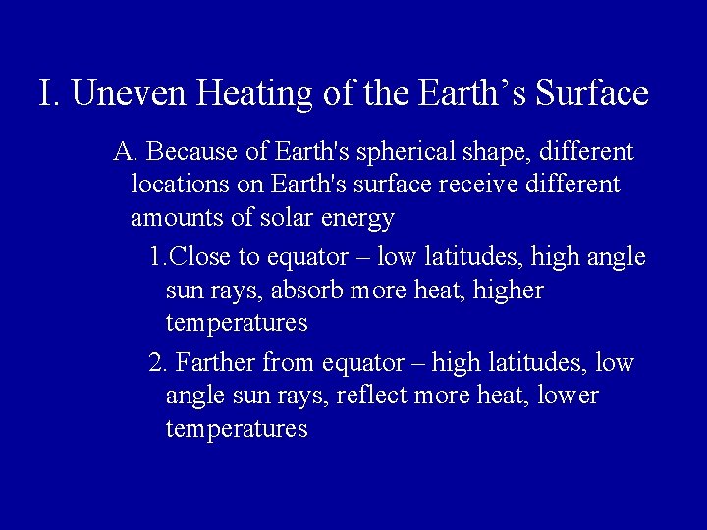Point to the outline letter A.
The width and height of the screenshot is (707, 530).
[126, 153]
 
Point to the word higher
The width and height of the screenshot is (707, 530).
[509, 291]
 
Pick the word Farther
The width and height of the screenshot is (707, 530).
[218, 363]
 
